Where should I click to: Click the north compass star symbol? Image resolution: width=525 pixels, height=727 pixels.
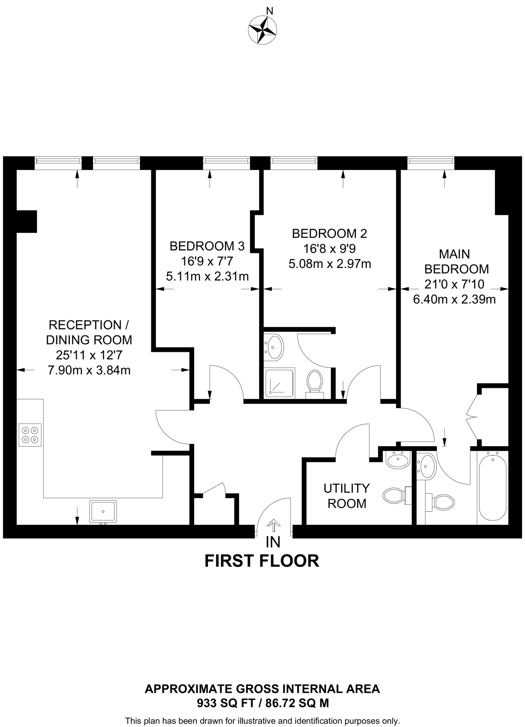point(262,31)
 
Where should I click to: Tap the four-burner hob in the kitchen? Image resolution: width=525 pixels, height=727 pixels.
point(30,434)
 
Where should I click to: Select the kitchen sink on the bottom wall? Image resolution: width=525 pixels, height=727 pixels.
point(103,511)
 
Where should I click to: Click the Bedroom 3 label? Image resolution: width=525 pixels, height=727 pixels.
point(207,246)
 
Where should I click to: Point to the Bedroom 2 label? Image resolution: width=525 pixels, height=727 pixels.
point(329,234)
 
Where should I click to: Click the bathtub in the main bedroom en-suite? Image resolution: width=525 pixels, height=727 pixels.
point(492,488)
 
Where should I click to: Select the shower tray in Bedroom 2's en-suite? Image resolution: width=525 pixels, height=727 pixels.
point(280,383)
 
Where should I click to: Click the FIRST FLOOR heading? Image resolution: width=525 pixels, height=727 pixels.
point(262,561)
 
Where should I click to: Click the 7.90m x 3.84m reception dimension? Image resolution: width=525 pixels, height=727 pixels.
point(89,371)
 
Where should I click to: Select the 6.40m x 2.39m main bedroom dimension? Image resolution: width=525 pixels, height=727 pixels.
point(454,300)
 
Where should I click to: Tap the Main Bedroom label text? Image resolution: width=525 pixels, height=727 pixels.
point(456,262)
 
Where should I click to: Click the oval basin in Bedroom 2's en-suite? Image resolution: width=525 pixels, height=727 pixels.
point(275,347)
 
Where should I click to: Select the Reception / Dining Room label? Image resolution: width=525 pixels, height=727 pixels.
point(89,332)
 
